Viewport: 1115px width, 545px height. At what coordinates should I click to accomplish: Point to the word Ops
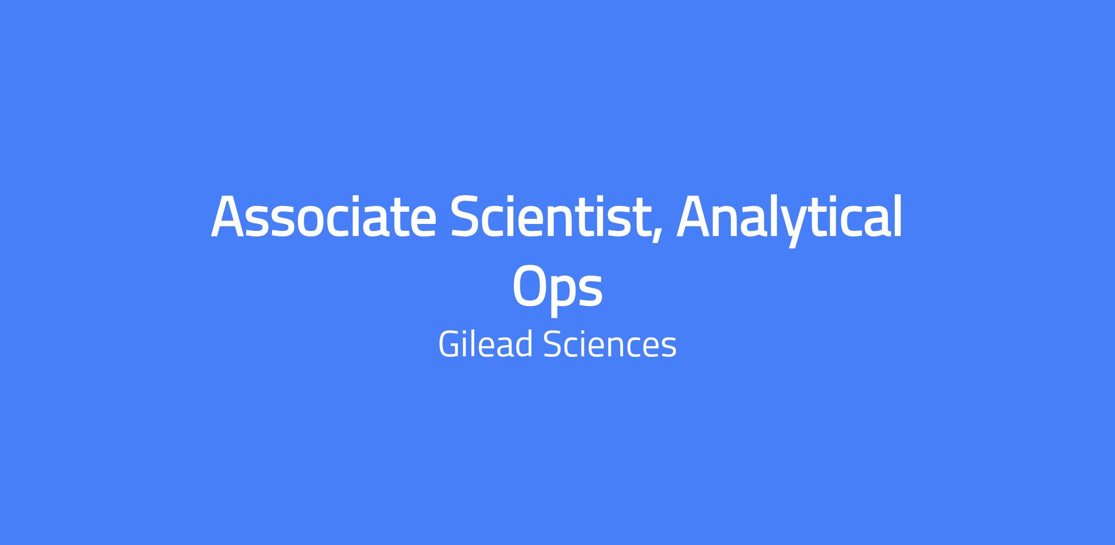coord(557,288)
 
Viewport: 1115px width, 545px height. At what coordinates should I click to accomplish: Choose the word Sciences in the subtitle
coord(610,344)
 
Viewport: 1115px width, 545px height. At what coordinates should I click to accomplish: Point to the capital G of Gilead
coord(449,344)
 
